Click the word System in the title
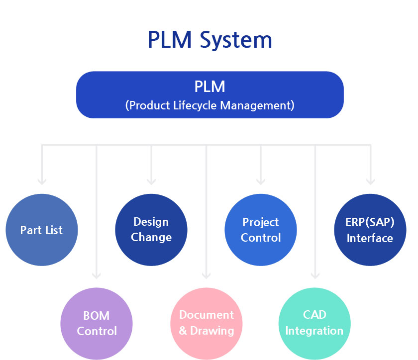[x=236, y=40]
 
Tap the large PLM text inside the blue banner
[x=210, y=87]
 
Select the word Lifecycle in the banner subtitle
[x=195, y=105]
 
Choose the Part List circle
[x=42, y=230]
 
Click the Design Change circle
[x=151, y=230]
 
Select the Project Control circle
[x=261, y=230]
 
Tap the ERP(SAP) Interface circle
[x=370, y=230]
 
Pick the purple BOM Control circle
[x=97, y=324]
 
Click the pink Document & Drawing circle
[x=207, y=324]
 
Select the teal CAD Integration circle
[x=314, y=324]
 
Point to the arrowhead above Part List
[x=42, y=181]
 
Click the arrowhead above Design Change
[x=151, y=181]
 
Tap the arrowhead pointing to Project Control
[x=261, y=181]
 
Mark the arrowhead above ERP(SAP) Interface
[x=371, y=181]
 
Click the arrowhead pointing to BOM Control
[x=97, y=275]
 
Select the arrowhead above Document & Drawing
[x=207, y=275]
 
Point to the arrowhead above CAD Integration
[x=315, y=275]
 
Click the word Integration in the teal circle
[x=314, y=331]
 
